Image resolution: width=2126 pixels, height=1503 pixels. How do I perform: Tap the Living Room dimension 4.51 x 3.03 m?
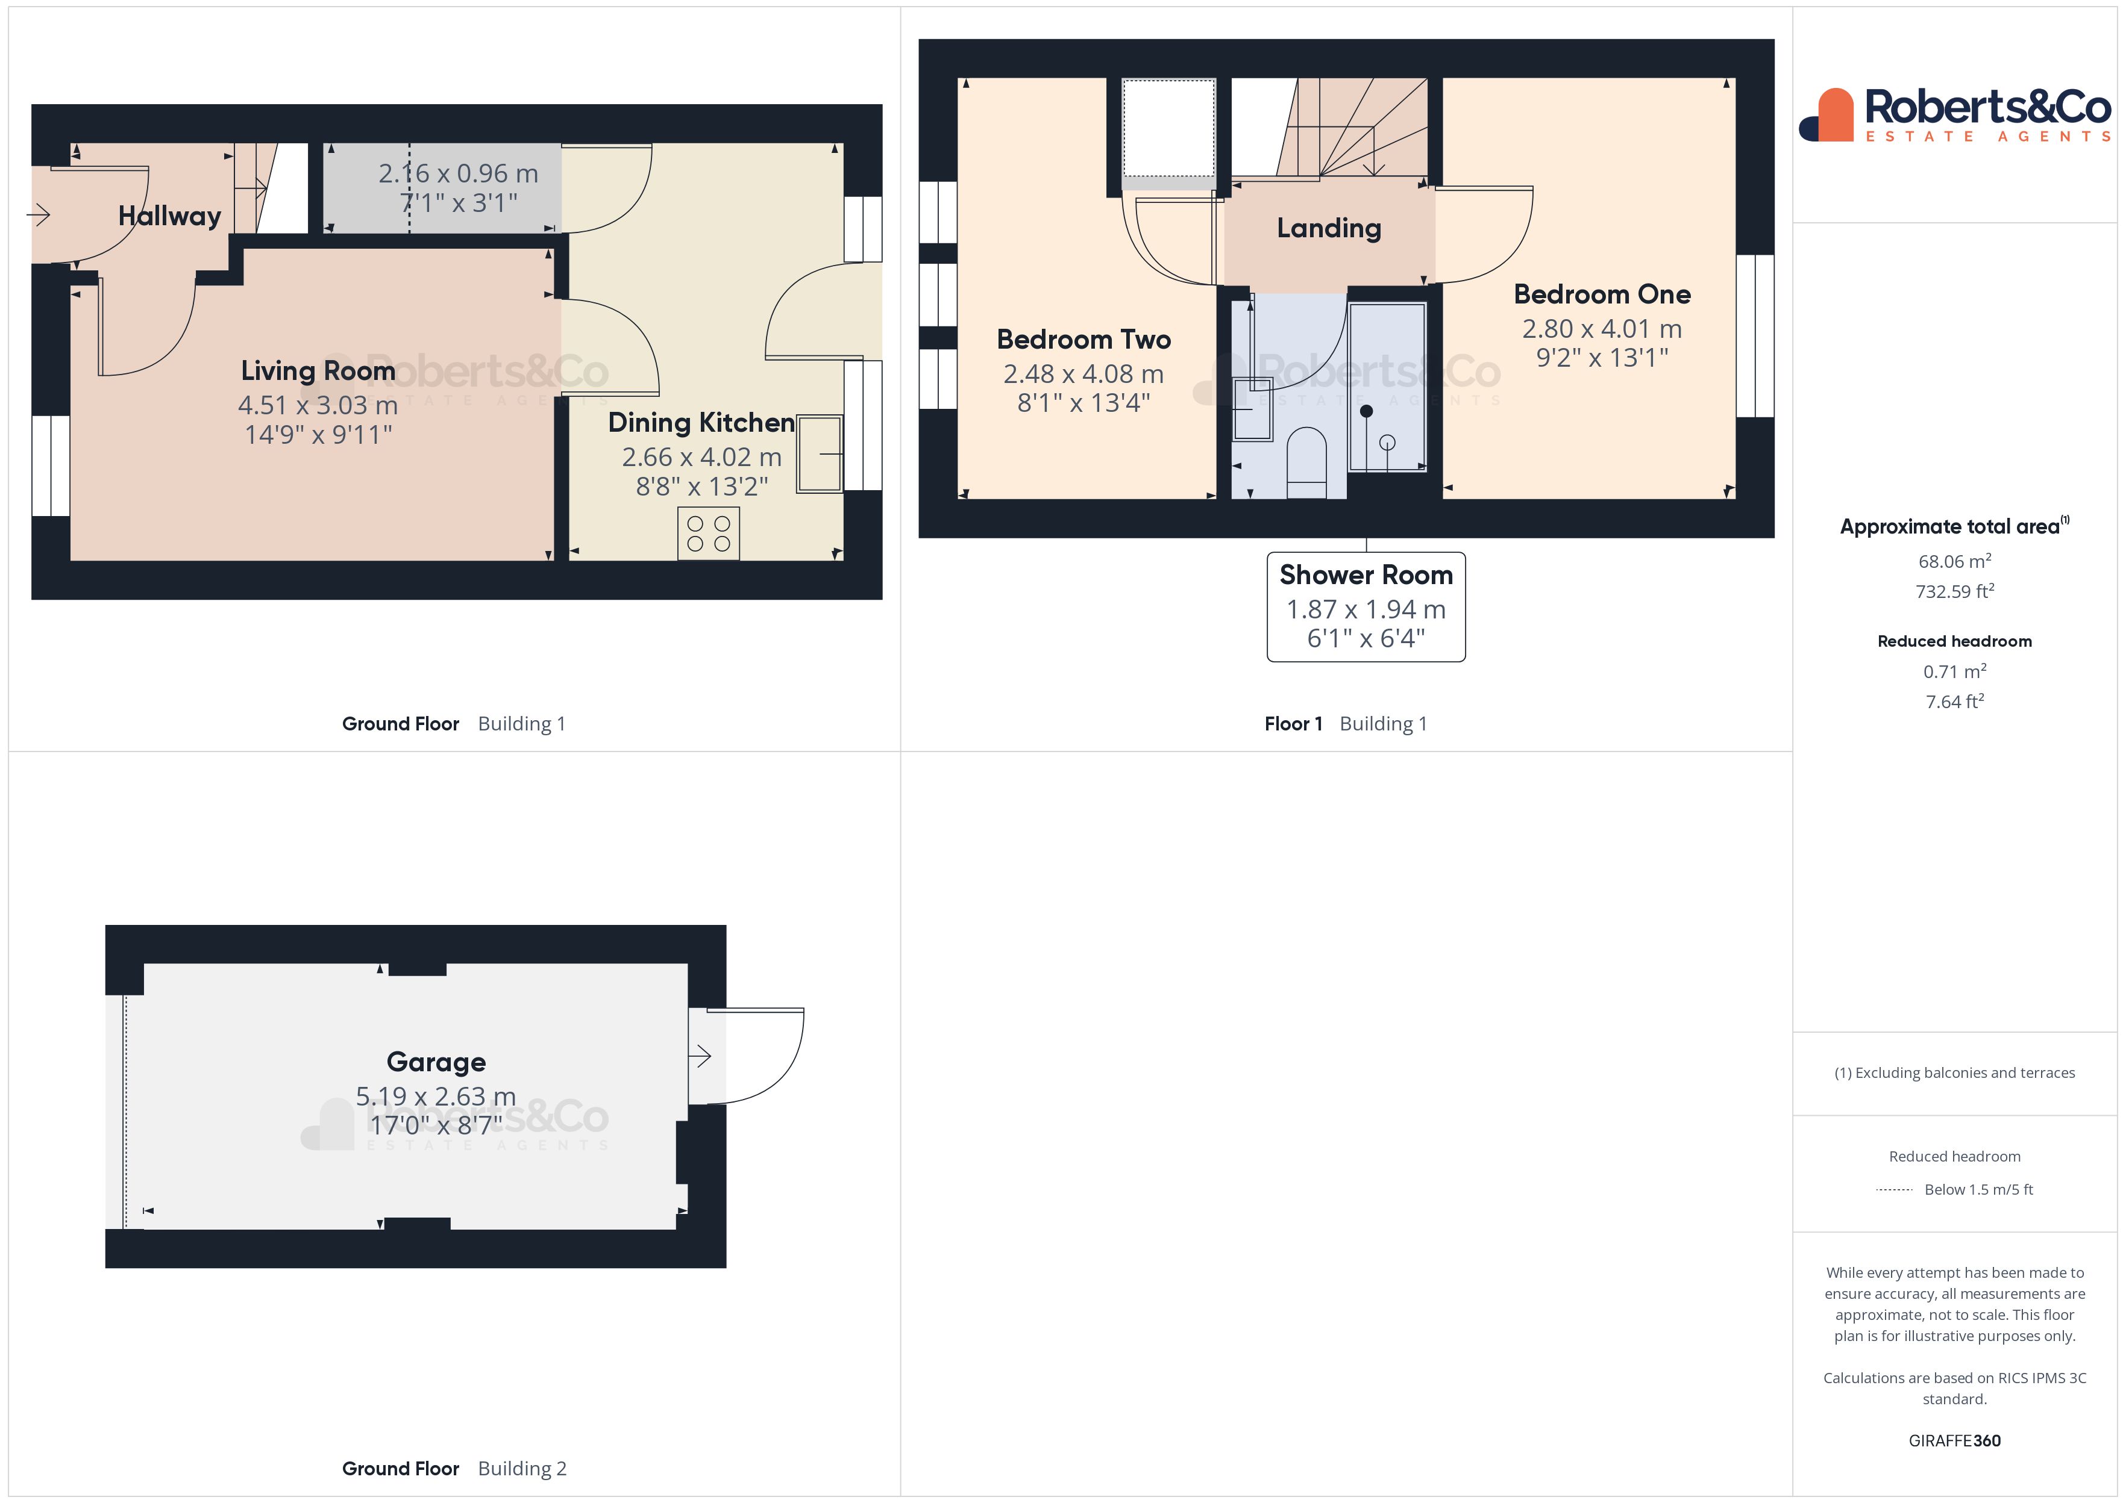coord(318,405)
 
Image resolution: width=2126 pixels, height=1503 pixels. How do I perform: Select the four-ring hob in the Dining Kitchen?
coord(708,533)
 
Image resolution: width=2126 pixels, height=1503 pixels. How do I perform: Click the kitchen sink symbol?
coord(820,453)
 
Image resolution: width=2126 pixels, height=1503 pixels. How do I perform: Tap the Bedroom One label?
coord(1602,294)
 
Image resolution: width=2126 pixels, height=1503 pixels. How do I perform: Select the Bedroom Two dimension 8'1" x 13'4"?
coord(1083,403)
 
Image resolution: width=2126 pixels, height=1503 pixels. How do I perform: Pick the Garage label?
coord(436,1062)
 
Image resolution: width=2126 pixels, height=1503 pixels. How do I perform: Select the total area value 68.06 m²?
coord(1954,562)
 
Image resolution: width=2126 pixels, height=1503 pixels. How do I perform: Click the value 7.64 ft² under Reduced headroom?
coord(1954,702)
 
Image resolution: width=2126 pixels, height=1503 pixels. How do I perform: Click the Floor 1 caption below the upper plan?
coord(1293,724)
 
